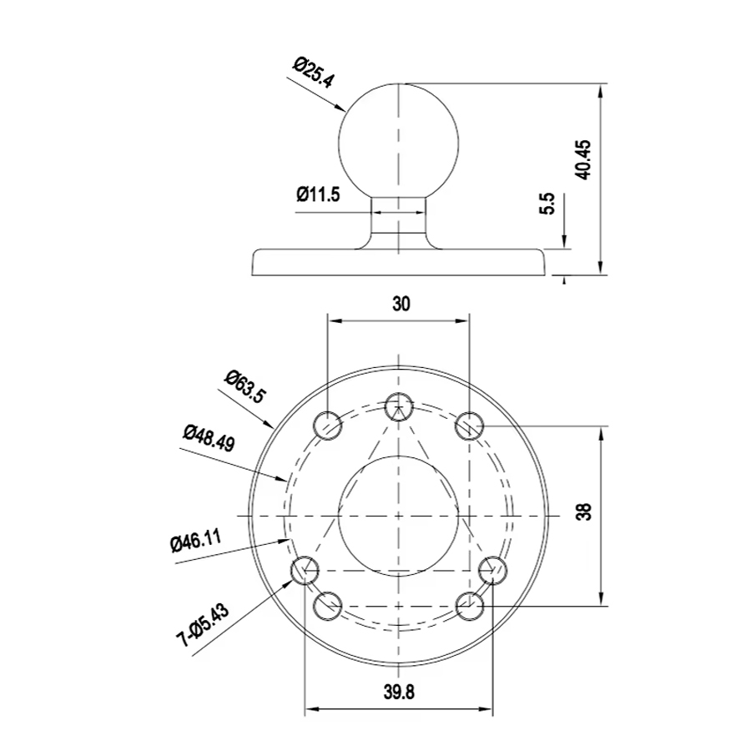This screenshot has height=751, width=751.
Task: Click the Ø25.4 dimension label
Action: [314, 73]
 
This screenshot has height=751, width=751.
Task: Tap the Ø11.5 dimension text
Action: [318, 194]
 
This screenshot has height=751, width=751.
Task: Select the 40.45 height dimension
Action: [584, 160]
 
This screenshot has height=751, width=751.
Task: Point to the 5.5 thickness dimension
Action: [547, 204]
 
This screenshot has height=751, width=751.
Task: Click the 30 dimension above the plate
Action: [401, 304]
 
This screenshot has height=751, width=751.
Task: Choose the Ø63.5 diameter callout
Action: [244, 386]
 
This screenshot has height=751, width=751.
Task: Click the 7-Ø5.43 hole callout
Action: [203, 626]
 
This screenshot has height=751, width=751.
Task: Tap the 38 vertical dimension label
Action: [585, 512]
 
